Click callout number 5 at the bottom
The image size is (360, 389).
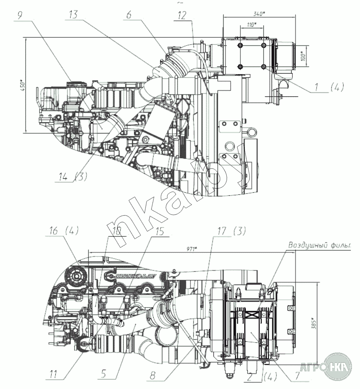[103, 374]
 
